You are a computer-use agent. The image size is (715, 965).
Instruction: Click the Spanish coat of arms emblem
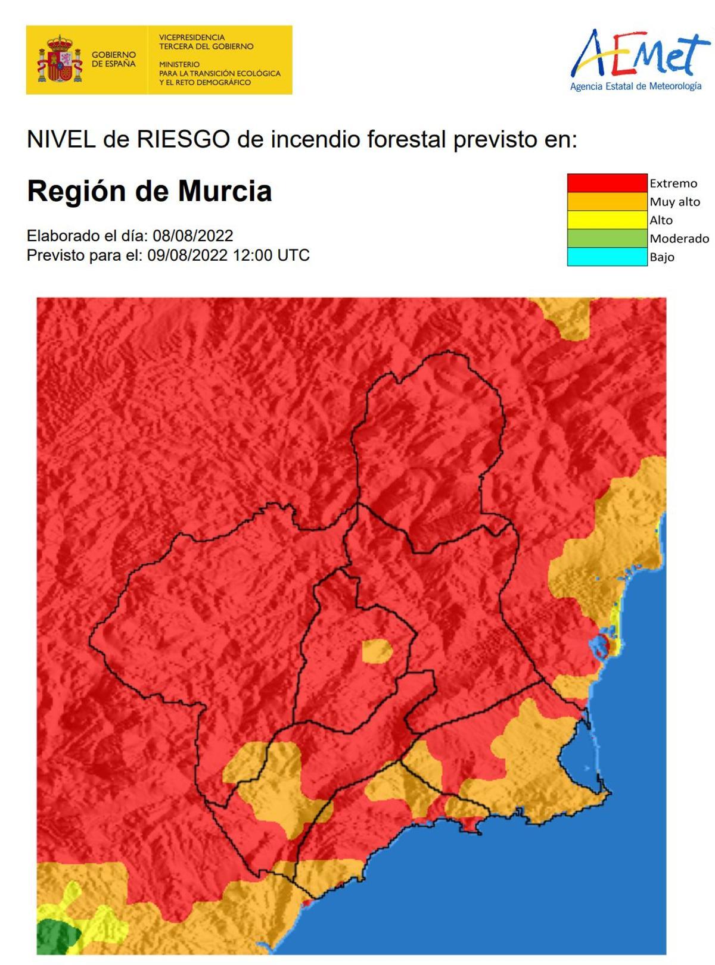tap(60, 59)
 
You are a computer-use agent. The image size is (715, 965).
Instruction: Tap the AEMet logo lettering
tap(641, 54)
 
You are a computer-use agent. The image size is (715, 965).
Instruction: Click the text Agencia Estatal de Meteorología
tap(636, 86)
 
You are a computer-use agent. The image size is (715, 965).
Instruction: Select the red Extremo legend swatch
tap(607, 183)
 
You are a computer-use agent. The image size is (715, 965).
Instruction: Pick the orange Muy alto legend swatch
tap(607, 201)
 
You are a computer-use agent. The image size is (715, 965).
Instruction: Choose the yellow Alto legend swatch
tap(607, 220)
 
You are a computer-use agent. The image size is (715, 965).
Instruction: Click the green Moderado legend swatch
tap(607, 238)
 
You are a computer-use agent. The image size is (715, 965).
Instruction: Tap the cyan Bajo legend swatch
tap(607, 257)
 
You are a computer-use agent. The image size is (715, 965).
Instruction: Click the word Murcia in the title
tap(225, 191)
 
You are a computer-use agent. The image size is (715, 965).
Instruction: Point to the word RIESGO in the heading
tap(183, 139)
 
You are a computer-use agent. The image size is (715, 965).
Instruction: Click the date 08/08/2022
tap(192, 236)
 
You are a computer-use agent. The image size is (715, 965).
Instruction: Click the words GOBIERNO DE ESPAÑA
tap(113, 59)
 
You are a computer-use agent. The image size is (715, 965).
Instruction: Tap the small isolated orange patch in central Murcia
tap(377, 651)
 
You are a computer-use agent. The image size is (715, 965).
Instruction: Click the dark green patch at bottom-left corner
tap(57, 935)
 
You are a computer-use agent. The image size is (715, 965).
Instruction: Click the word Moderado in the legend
tap(679, 238)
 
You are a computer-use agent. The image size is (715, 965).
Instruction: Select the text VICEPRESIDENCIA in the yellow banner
tap(192, 37)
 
